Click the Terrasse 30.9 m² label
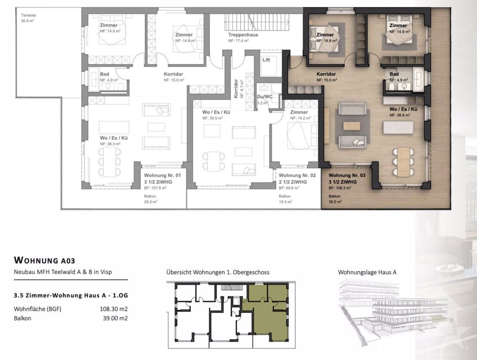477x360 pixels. click(28, 18)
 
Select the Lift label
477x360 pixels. click(266, 60)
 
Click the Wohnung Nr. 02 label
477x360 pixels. click(297, 176)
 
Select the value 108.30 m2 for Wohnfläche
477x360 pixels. click(113, 309)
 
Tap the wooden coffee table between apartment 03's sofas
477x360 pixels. click(352, 126)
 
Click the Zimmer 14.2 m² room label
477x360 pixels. click(299, 114)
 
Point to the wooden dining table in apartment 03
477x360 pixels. click(404, 161)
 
